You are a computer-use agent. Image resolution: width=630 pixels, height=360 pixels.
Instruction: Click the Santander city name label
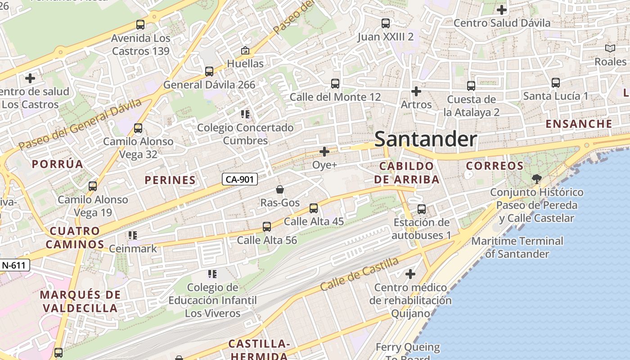[425, 139]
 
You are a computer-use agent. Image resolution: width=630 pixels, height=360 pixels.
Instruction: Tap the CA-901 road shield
[240, 179]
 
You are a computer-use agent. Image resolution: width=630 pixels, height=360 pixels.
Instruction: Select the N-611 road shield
[14, 265]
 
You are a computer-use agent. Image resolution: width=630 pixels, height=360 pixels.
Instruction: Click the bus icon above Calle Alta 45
[314, 208]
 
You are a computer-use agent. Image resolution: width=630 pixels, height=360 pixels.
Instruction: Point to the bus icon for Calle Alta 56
[267, 227]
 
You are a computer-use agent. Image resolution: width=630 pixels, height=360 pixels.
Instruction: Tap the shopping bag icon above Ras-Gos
[280, 189]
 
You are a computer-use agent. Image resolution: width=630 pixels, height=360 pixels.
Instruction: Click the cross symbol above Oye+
[324, 152]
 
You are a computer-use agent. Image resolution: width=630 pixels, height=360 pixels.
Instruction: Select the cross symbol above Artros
[416, 92]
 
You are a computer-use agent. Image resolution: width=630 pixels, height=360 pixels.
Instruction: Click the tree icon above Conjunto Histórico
[536, 179]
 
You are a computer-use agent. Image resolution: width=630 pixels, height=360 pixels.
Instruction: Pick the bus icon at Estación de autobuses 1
[422, 209]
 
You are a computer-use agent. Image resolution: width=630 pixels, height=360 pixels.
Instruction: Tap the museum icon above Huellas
[245, 50]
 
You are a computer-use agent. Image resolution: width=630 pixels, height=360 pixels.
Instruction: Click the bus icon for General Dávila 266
[209, 72]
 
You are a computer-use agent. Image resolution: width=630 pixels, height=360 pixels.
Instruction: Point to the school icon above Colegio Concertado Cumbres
[245, 114]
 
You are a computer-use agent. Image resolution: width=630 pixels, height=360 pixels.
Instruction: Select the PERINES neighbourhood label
[170, 180]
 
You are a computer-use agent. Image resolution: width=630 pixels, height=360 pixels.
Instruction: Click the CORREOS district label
[495, 166]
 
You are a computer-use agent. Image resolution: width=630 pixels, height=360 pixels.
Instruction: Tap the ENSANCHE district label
[579, 124]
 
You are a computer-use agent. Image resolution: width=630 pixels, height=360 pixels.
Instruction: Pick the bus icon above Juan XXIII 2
[385, 23]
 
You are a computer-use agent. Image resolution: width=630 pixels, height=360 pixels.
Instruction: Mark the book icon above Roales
[610, 49]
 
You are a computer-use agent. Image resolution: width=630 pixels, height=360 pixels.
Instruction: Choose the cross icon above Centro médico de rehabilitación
[410, 274]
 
